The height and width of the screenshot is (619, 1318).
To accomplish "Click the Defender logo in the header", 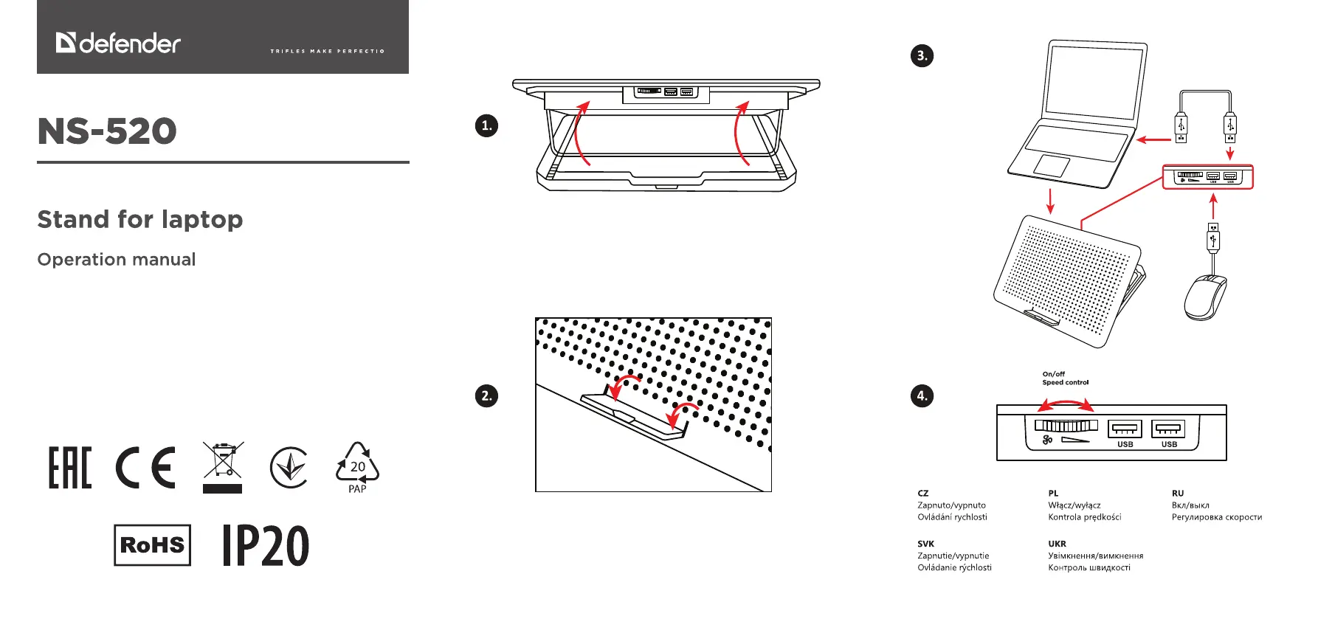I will point(118,43).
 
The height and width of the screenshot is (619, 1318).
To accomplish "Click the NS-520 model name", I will point(107,131).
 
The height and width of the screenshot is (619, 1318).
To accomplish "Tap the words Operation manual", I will point(117,260).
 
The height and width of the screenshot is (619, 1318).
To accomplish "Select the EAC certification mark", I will point(70,468).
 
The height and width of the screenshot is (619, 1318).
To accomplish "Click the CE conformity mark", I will point(145,468).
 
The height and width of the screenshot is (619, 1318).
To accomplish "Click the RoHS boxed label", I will point(152,545).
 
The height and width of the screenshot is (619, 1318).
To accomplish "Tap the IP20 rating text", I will point(266,546).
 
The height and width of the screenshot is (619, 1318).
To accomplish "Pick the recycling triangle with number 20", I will point(357,465).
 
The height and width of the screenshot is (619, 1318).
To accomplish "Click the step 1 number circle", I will point(486,125).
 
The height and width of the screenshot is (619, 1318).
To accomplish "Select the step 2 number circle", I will point(486,395).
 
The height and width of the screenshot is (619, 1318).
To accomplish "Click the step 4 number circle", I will point(922,395).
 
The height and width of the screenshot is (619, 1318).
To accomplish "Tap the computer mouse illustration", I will point(1204,297).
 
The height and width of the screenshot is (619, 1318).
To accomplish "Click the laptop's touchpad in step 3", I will point(1052,165).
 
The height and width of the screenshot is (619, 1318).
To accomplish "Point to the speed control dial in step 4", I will point(1066,426).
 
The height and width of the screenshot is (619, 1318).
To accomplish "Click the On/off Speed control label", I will point(1065,378).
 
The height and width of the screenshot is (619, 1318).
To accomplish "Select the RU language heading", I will point(1177,494).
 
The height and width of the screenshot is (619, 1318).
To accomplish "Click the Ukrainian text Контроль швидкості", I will point(1088,567).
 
